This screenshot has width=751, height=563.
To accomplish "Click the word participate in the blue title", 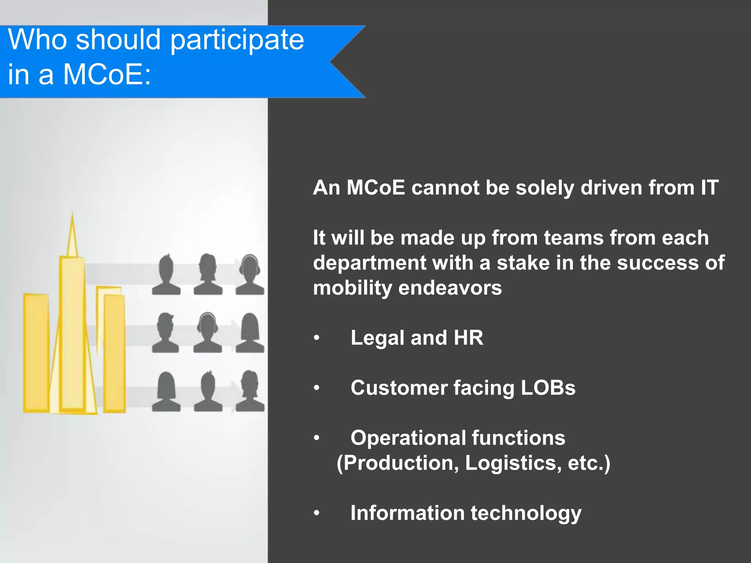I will tap(237, 40).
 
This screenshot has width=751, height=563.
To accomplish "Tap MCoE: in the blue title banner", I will tap(107, 74).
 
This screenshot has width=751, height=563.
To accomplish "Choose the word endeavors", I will tap(450, 288).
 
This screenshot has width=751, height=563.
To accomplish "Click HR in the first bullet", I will tap(468, 338).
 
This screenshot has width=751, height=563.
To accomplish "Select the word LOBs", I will tap(548, 388).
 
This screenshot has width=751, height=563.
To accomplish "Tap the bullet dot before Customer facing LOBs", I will tap(317, 388).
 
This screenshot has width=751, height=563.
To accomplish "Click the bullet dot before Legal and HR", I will tap(317, 338).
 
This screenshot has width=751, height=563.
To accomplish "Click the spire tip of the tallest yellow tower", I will tap(73, 214).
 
